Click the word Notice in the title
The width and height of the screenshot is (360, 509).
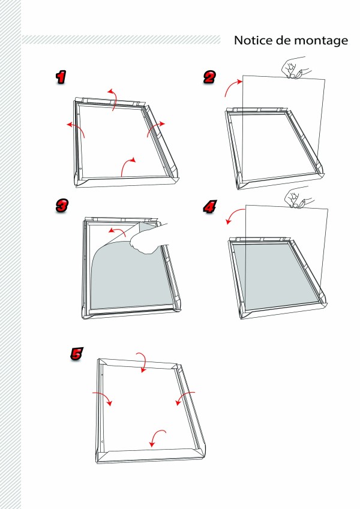[x=253, y=40]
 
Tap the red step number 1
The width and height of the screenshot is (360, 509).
[x=61, y=77]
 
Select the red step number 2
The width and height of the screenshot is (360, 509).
[x=209, y=77]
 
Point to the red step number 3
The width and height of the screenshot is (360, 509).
[x=62, y=206]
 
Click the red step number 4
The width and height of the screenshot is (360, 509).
[x=210, y=206]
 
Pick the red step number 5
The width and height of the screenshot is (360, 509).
[x=77, y=354]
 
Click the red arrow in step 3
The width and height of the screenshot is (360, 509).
[x=118, y=230]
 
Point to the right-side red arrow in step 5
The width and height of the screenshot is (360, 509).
[x=182, y=397]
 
